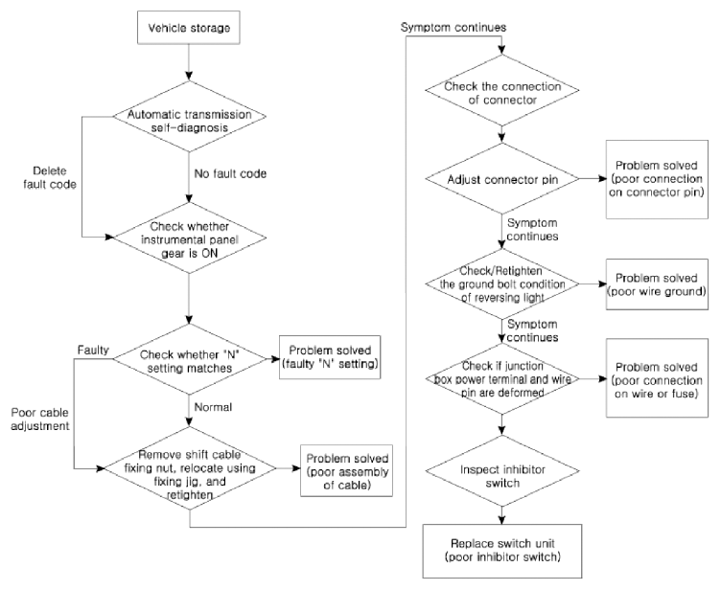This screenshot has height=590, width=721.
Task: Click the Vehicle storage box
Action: pos(189,28)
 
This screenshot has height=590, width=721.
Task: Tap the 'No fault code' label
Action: pos(230,173)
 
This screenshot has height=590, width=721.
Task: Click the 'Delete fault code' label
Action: pos(50,177)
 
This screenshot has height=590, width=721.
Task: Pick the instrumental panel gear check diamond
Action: pos(190,238)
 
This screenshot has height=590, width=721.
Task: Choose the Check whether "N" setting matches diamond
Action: pos(190,359)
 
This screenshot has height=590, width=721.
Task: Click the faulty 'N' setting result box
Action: pos(330,357)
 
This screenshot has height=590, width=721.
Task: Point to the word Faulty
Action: pos(93,351)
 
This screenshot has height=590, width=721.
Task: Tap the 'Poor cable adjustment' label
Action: pos(40,420)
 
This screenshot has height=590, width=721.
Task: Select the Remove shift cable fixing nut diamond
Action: pos(190,468)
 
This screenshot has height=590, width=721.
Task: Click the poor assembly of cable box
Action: pos(347,471)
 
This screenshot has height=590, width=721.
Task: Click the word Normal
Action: pos(213,407)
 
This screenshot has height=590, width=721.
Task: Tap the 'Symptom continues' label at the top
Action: pos(454,27)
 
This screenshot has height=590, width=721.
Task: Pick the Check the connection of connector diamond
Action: pos(502,90)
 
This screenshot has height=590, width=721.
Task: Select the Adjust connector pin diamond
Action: pos(502,179)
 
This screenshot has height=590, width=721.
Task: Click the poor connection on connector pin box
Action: pos(657,179)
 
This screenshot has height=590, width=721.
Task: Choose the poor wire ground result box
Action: pos(657,284)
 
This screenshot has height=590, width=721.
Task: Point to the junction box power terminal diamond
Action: pos(502,379)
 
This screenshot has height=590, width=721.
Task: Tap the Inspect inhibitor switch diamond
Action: pos(502,471)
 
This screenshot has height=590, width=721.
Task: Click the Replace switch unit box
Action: pos(502,551)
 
